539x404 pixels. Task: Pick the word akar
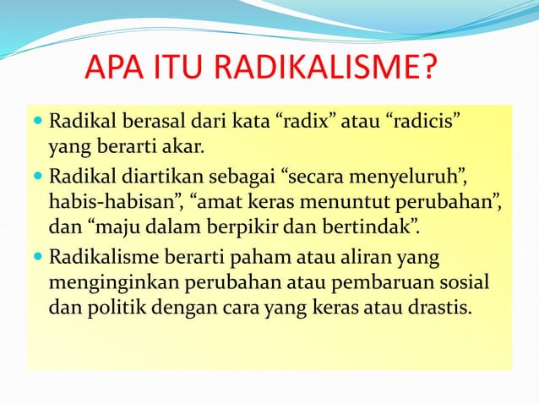pos(184,150)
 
